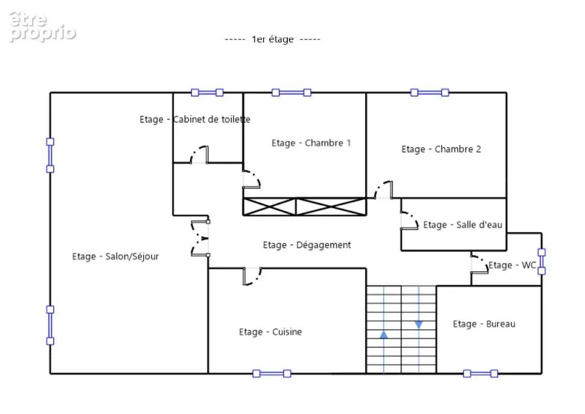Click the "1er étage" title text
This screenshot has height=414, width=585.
[273, 39]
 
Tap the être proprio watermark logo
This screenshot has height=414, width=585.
[42, 26]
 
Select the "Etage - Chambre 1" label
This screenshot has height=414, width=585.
[311, 143]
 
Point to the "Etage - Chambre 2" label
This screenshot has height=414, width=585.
[441, 150]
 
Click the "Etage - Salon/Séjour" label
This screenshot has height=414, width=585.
[115, 256]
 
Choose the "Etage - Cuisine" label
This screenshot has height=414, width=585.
[270, 332]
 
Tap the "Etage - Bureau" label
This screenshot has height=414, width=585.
[484, 324]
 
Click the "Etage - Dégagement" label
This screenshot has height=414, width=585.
[306, 245]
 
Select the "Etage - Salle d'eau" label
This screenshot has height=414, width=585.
[463, 225]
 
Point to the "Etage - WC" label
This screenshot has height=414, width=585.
[512, 265]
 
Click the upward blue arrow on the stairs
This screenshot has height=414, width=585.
[383, 334]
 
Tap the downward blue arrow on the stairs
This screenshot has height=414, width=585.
[419, 324]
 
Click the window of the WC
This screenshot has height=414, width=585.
[542, 261]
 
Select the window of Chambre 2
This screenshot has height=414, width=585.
[429, 93]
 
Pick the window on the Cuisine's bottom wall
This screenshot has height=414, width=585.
[272, 374]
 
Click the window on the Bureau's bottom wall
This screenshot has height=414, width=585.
[481, 374]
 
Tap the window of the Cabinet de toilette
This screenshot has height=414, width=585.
[207, 93]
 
